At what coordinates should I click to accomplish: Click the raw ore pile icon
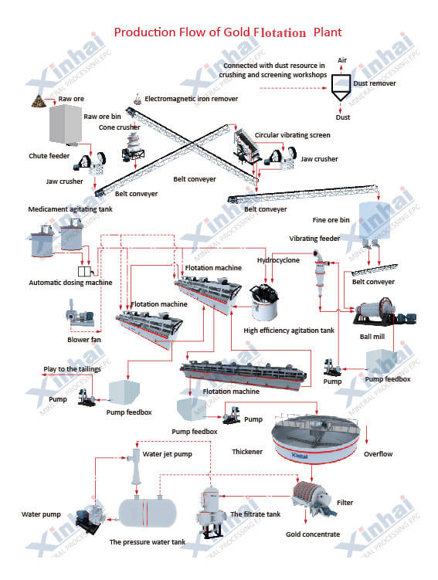[x=39, y=101]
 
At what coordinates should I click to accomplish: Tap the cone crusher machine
[x=133, y=147]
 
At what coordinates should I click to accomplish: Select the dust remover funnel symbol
[x=341, y=88]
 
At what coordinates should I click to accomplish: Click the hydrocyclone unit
[x=321, y=273]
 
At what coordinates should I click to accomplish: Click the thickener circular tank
[x=315, y=439]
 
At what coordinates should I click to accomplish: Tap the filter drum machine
[x=314, y=498]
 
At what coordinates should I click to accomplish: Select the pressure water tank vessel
[x=148, y=513]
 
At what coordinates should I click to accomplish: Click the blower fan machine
[x=80, y=316]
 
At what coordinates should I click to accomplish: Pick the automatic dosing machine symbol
[x=85, y=271]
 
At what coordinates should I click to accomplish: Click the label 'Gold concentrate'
[x=313, y=534]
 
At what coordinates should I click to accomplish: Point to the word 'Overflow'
[x=378, y=454]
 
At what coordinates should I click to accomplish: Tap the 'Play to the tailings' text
[x=72, y=369]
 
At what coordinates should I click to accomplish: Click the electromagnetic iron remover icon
[x=138, y=98]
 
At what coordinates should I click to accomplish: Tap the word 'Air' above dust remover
[x=342, y=60]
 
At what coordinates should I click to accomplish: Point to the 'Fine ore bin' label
[x=331, y=220]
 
